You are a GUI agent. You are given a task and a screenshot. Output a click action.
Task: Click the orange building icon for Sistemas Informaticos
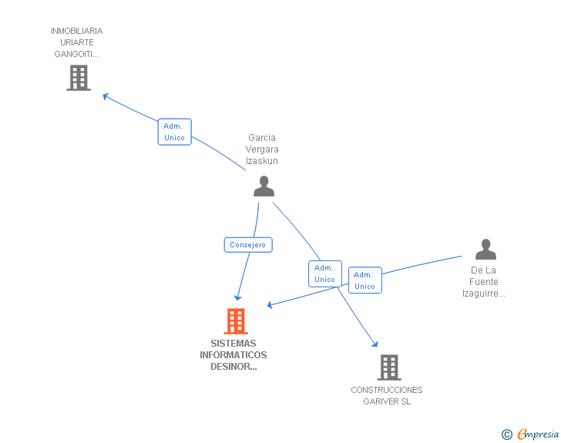pos(236,321)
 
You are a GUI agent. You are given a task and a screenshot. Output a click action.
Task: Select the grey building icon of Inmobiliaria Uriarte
pos(79,78)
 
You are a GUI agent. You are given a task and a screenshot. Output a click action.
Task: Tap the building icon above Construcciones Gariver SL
pos(389,367)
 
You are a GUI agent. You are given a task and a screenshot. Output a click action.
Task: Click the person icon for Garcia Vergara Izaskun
pos(264,186)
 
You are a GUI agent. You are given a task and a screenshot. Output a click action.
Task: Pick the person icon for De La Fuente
pos(485,249)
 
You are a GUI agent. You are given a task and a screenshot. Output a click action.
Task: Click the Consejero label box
pos(248,245)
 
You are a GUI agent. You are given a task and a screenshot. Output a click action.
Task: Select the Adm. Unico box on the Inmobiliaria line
pos(175,132)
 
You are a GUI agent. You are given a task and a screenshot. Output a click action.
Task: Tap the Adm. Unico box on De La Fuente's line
pos(364,280)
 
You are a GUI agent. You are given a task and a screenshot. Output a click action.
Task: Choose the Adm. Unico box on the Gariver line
pos(324,274)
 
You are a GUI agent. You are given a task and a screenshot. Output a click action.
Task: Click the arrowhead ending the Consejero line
pos(238,297)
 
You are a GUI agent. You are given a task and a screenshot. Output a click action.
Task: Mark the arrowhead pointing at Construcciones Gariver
pos(375,344)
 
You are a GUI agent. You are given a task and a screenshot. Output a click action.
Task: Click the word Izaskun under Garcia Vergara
pos(262,161)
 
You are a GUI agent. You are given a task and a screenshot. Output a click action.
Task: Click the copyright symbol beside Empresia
pos(506,435)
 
